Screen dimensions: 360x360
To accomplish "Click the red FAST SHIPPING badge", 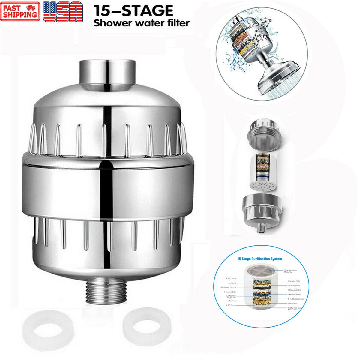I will (20, 11).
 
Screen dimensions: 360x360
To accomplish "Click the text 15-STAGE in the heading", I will (134, 11).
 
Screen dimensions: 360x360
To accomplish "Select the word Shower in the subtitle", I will (110, 23).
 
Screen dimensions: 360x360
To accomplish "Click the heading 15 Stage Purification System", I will (259, 259).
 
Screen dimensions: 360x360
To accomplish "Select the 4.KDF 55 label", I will (232, 283).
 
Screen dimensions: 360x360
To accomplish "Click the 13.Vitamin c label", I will (294, 303).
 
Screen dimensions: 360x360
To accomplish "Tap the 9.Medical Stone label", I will (294, 295).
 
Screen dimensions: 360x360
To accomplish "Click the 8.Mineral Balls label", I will (230, 292).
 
